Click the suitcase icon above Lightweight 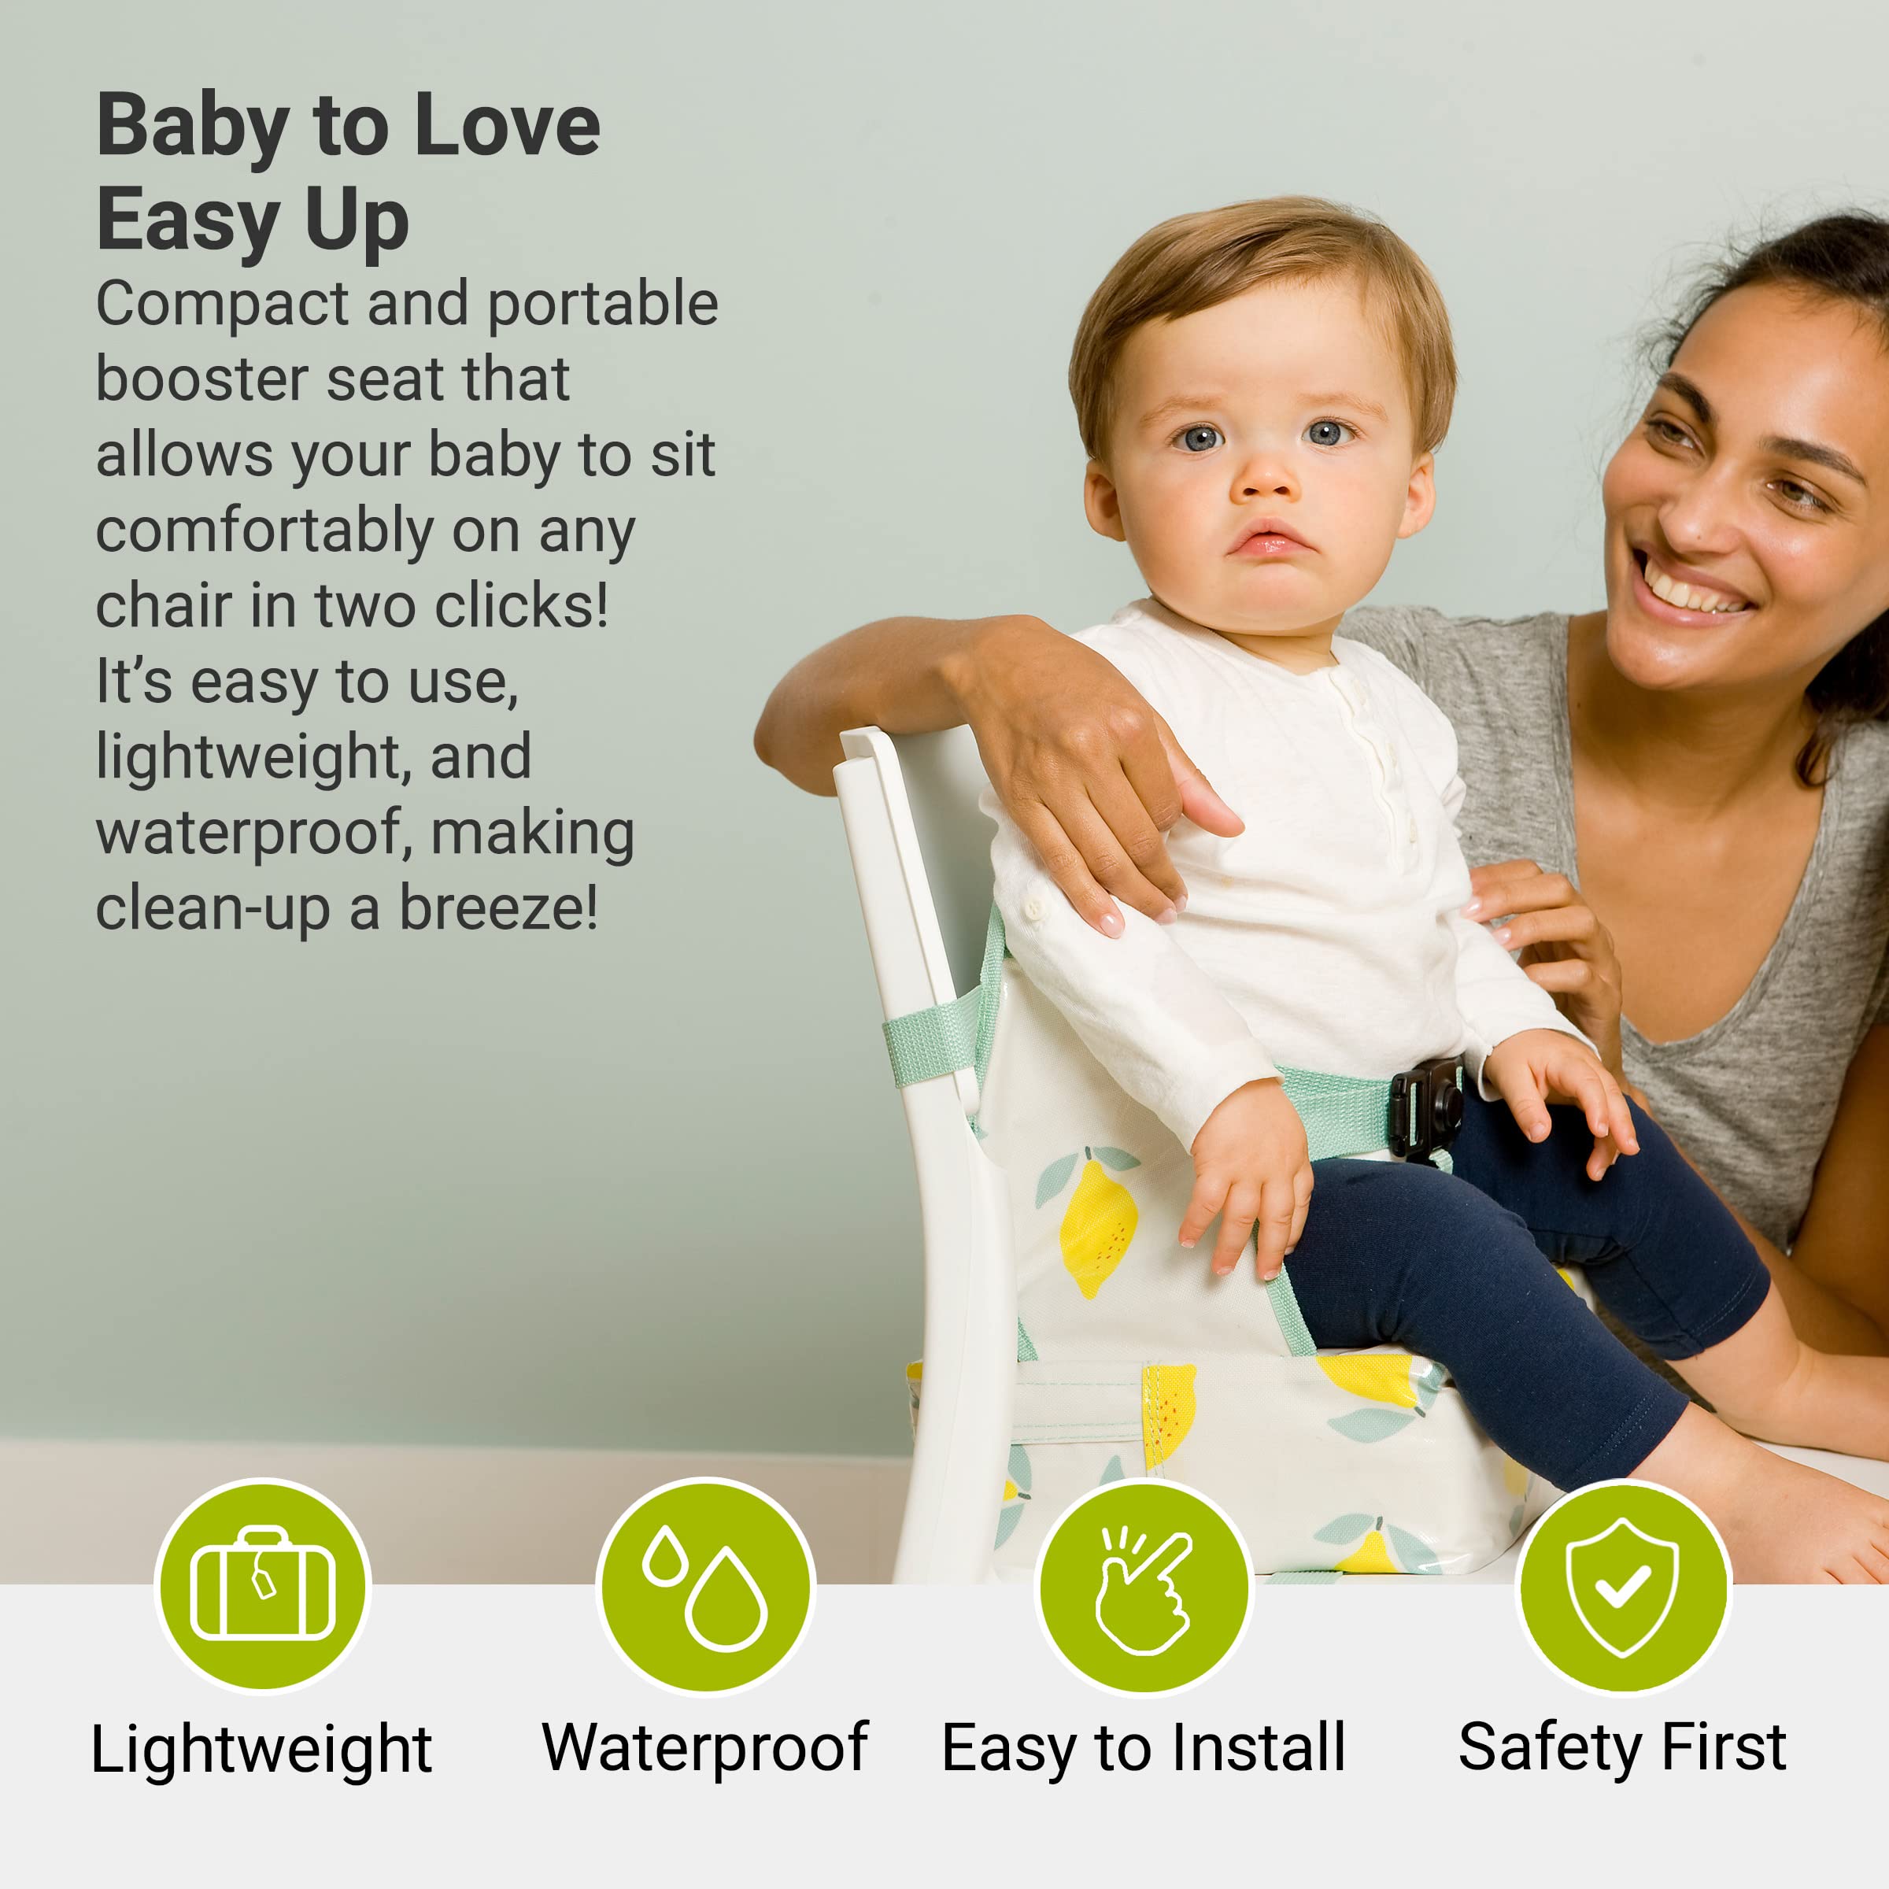tap(262, 1584)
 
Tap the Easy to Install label tap(1143, 1747)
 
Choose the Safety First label tap(1622, 1747)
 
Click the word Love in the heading tap(508, 126)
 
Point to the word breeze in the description tap(497, 908)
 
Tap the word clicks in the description tap(521, 606)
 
